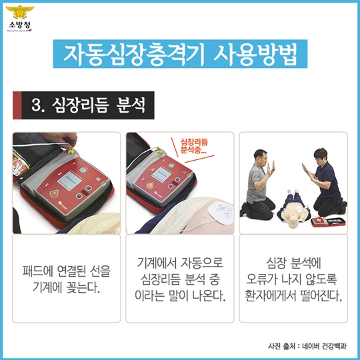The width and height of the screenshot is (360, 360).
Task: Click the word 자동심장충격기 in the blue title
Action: [x=133, y=54]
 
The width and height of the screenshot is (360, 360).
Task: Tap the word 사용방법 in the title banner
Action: [x=255, y=54]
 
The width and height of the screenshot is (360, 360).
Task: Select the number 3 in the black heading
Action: [x=36, y=105]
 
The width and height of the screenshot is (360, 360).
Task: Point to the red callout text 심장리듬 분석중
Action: [x=194, y=146]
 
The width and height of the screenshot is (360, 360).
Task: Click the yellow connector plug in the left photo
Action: [x=70, y=151]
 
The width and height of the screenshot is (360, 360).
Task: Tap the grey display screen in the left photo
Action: [x=69, y=179]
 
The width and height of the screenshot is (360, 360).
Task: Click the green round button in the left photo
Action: [x=83, y=170]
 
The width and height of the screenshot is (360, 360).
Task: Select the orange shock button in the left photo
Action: [x=54, y=193]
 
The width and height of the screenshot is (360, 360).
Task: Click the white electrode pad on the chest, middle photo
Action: [x=220, y=212]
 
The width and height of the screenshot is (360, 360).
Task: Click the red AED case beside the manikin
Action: [x=328, y=222]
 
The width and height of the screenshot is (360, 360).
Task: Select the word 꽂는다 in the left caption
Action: [x=83, y=287]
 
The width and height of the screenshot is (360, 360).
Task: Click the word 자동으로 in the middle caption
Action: [x=202, y=263]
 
